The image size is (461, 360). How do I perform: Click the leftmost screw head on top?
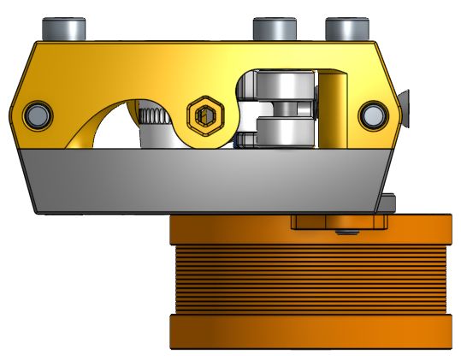68,28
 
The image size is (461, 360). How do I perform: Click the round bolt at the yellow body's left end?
37,113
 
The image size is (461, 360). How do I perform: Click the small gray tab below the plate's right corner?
390,204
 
